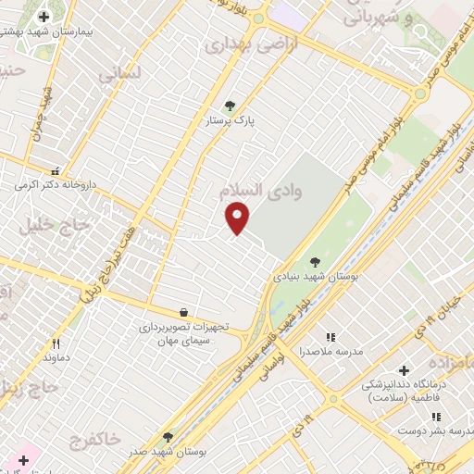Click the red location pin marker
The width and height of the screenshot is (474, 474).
click(238, 217)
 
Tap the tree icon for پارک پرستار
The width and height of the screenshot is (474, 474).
click(230, 106)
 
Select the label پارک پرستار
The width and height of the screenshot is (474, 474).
click(231, 120)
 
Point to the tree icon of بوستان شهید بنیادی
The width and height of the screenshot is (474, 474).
click(315, 262)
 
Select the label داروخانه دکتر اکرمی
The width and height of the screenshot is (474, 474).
click(55, 184)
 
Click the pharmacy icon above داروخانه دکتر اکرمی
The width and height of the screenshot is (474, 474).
click(56, 170)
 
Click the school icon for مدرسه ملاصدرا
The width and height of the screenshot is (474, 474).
click(331, 337)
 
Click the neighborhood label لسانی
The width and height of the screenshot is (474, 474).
click(118, 75)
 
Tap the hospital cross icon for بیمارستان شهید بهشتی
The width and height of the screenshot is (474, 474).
click(44, 17)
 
